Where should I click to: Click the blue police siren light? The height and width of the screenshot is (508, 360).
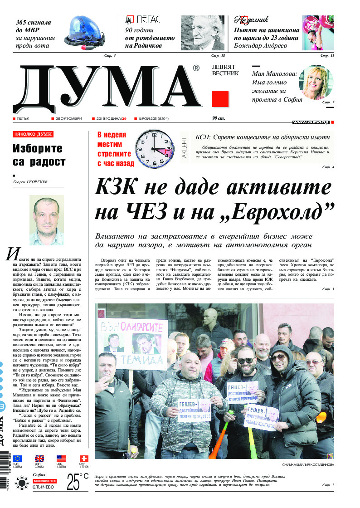87,31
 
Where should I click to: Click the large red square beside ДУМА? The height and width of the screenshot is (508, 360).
220,98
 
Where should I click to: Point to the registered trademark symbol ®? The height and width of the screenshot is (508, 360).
196,68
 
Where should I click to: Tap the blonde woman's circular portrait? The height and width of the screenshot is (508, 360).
315,82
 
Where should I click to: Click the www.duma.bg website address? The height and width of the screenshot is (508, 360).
311,122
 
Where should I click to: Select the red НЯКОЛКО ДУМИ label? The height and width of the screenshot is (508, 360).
33,134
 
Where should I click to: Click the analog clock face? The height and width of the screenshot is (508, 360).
155,149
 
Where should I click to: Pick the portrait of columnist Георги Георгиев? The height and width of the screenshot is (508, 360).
46,220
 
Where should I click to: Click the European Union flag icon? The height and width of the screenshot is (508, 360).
17,459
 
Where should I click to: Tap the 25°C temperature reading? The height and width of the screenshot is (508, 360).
78,483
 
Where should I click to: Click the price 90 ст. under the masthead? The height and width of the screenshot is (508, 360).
219,118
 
